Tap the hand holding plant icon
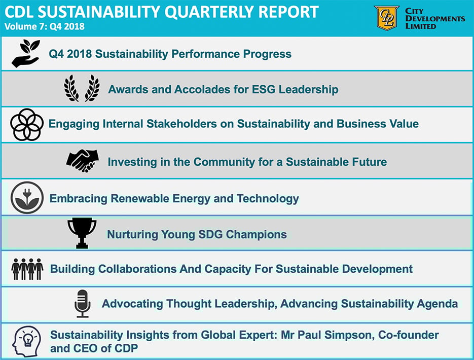(x=25, y=54)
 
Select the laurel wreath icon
(x=82, y=89)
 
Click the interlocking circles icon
(x=26, y=124)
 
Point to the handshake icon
(x=82, y=161)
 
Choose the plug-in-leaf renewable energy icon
(x=27, y=198)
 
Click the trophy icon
(x=82, y=233)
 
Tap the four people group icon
(x=27, y=269)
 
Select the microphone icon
(x=82, y=304)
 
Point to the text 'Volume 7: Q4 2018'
(x=44, y=26)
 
